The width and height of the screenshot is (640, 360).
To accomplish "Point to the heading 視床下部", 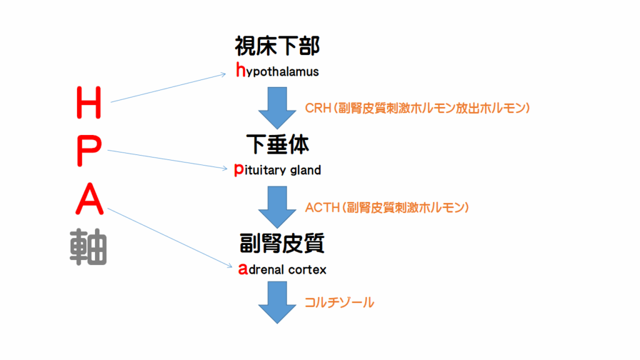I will click(277, 46).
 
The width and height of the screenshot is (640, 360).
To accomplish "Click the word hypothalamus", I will click(277, 71).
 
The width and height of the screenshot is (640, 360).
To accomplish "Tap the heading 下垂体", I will click(277, 145).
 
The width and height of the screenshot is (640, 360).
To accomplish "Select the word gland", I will click(306, 170).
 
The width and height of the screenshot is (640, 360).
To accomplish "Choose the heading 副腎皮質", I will click(281, 243).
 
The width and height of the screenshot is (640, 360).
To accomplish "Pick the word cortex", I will click(307, 270).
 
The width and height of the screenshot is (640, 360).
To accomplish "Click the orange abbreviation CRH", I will click(317, 108).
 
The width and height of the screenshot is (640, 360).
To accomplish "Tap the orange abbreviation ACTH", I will click(321, 207).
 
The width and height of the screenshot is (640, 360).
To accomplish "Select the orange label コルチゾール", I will click(339, 302).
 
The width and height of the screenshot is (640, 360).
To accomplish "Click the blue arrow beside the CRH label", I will click(277, 107).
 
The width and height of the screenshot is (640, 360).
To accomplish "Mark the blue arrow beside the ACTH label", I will click(277, 206).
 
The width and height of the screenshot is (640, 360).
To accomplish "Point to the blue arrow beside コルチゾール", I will click(277, 303).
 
